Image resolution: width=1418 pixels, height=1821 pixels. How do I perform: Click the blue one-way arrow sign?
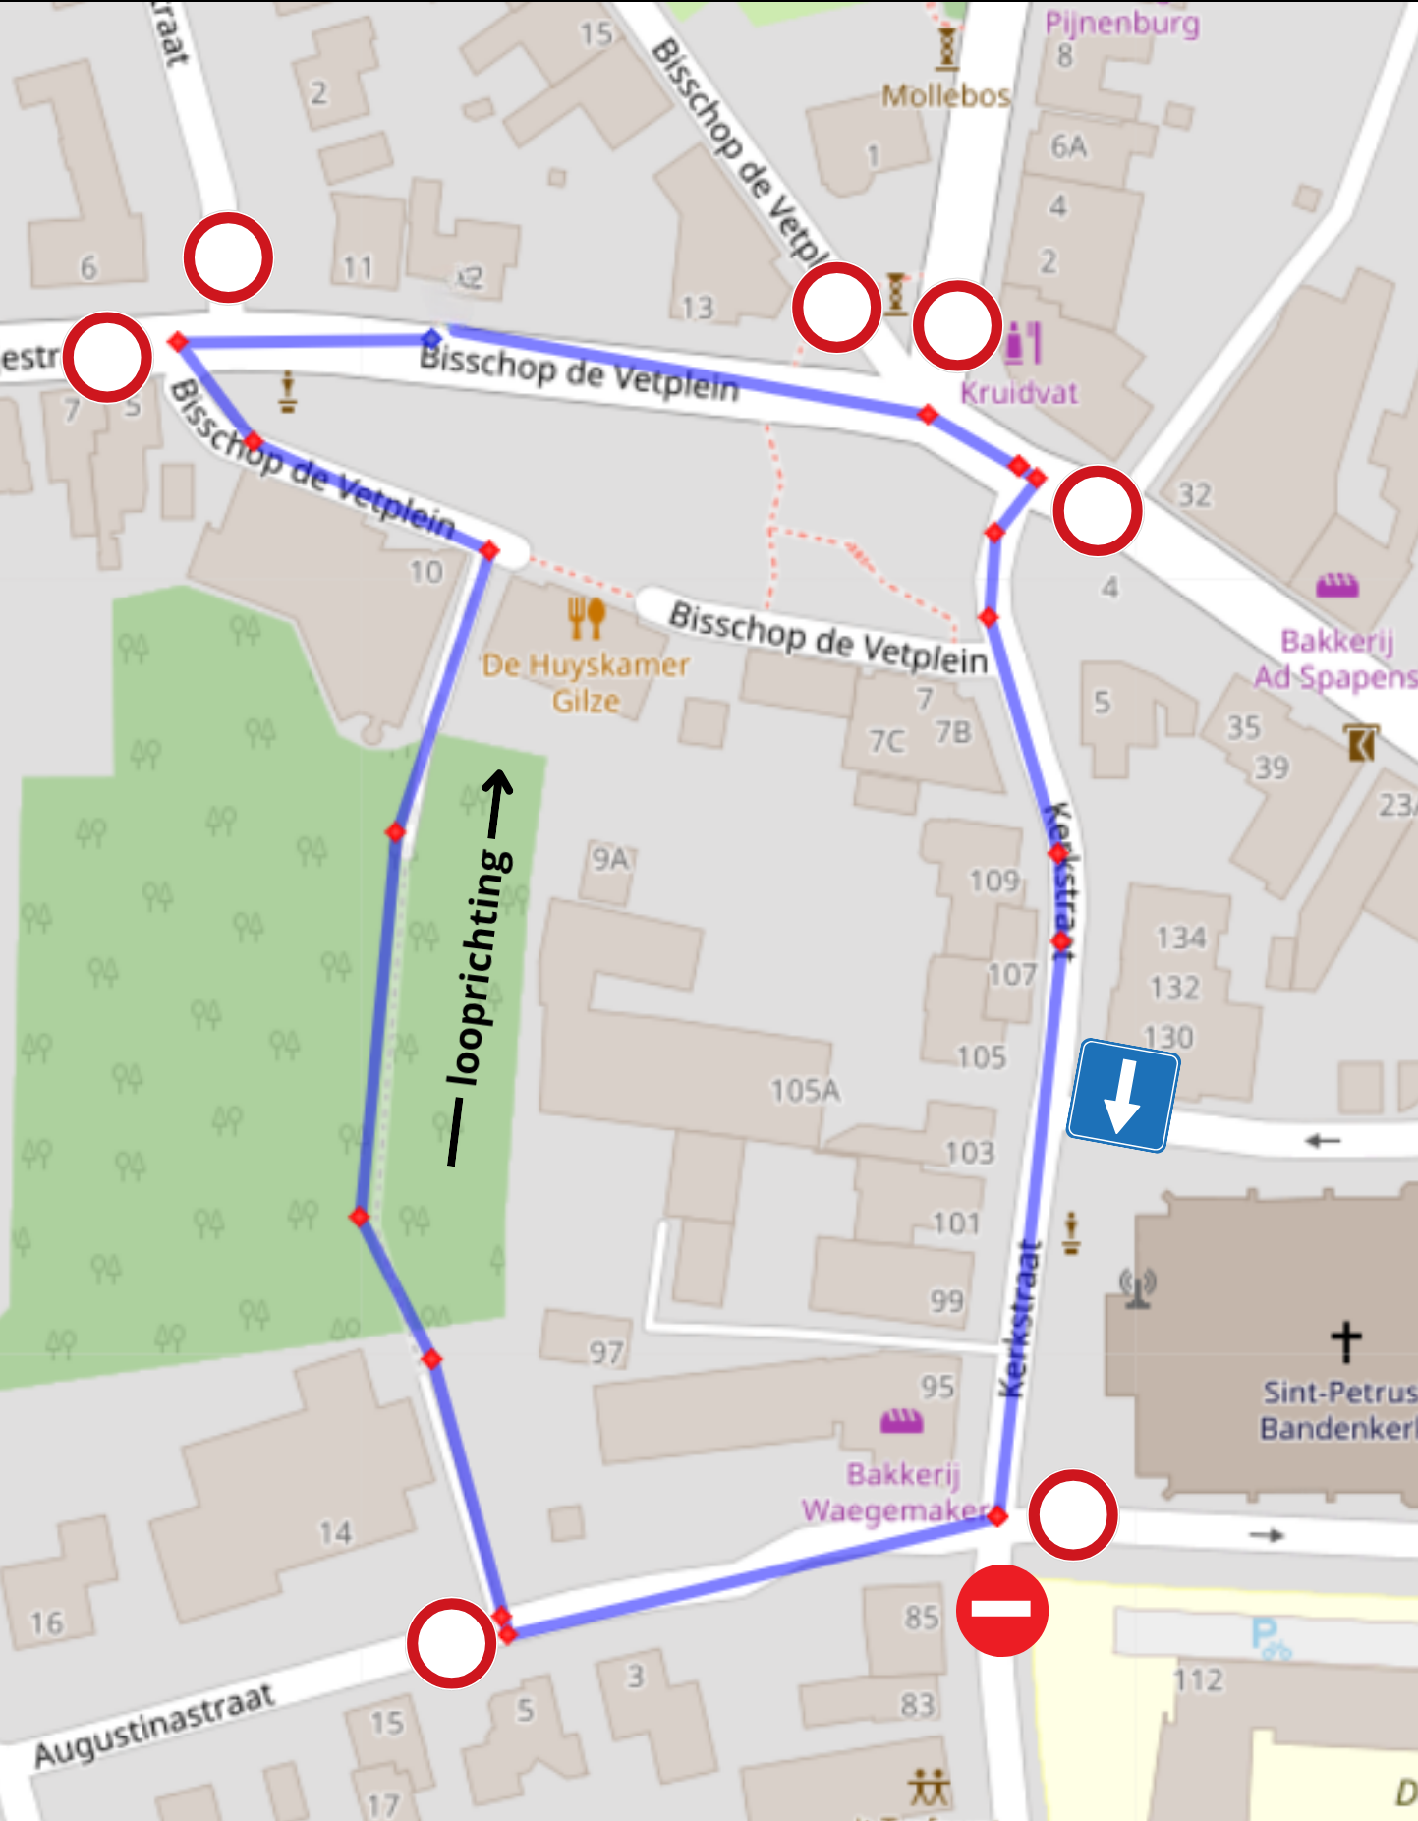[1122, 1095]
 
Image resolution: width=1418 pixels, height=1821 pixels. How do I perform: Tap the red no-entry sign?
[1001, 1610]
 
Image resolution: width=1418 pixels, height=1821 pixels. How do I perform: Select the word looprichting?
[479, 968]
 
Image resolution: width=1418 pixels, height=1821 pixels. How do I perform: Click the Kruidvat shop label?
[1019, 393]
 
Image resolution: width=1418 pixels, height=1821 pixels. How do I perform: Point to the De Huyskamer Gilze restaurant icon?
[586, 618]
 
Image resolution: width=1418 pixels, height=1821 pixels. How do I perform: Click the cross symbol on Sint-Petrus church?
[1346, 1340]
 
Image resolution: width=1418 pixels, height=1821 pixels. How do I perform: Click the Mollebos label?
[945, 95]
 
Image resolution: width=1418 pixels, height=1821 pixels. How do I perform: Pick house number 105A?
[805, 1090]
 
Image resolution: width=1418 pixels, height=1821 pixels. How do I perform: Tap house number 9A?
[609, 859]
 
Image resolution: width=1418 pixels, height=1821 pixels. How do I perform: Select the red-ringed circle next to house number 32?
[1097, 511]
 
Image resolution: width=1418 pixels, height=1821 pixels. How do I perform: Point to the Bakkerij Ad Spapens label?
[1336, 658]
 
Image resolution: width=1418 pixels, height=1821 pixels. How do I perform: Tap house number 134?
[1180, 938]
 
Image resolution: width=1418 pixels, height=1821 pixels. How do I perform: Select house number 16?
[46, 1622]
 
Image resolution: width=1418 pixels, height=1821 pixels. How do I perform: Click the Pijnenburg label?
[1121, 23]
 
